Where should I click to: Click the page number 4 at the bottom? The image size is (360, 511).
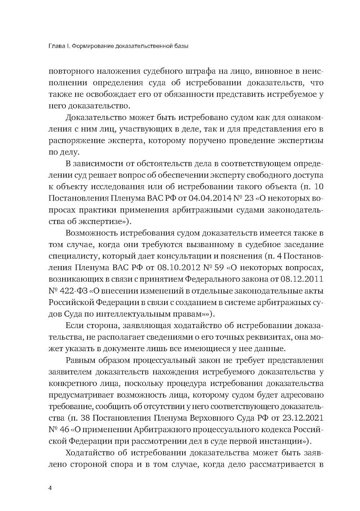pyautogui.click(x=50, y=488)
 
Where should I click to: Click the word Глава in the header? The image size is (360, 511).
pyautogui.click(x=56, y=46)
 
